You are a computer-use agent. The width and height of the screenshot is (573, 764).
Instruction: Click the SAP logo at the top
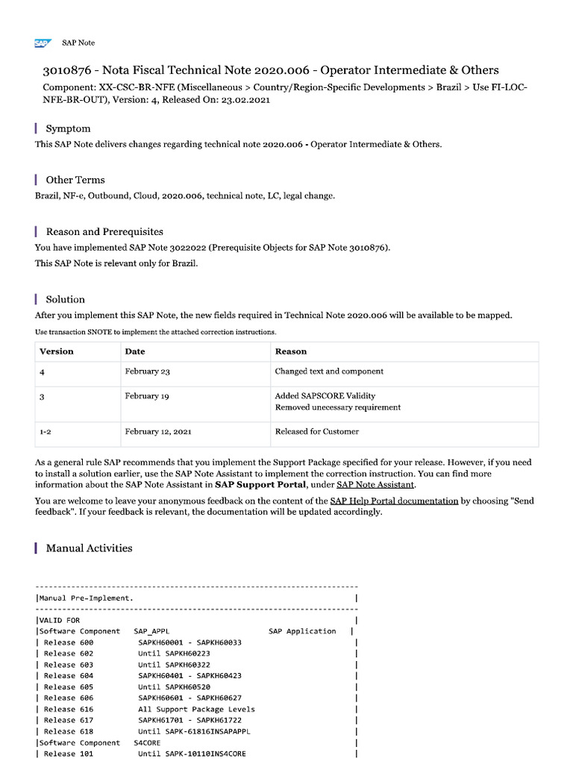pyautogui.click(x=42, y=43)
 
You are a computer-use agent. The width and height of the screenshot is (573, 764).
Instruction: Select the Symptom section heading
pyautogui.click(x=68, y=128)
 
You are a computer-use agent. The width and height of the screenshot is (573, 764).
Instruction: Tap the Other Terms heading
pyautogui.click(x=75, y=180)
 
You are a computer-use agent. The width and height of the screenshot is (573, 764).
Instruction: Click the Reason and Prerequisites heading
pyautogui.click(x=104, y=231)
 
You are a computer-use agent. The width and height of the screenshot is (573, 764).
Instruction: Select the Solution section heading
pyautogui.click(x=66, y=299)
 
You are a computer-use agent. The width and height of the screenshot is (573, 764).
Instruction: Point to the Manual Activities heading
pyautogui.click(x=89, y=548)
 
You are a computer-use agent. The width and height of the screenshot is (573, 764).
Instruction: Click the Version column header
pyautogui.click(x=57, y=351)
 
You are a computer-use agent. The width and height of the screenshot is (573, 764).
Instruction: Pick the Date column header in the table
pyautogui.click(x=135, y=351)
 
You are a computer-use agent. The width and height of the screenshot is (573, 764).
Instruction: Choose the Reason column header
pyautogui.click(x=291, y=351)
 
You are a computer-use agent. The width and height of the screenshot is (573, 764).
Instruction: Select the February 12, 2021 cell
pyautogui.click(x=157, y=431)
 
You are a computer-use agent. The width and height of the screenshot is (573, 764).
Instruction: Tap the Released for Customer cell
pyautogui.click(x=316, y=431)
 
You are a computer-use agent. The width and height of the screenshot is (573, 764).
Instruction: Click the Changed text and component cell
pyautogui.click(x=329, y=372)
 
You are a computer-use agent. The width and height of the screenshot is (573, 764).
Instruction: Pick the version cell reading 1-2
pyautogui.click(x=46, y=431)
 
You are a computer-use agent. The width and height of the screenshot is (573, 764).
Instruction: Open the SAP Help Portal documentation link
pyautogui.click(x=394, y=501)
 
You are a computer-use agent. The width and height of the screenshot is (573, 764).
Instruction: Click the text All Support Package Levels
pyautogui.click(x=196, y=710)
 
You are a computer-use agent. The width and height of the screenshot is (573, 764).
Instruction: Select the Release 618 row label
pyautogui.click(x=69, y=732)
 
